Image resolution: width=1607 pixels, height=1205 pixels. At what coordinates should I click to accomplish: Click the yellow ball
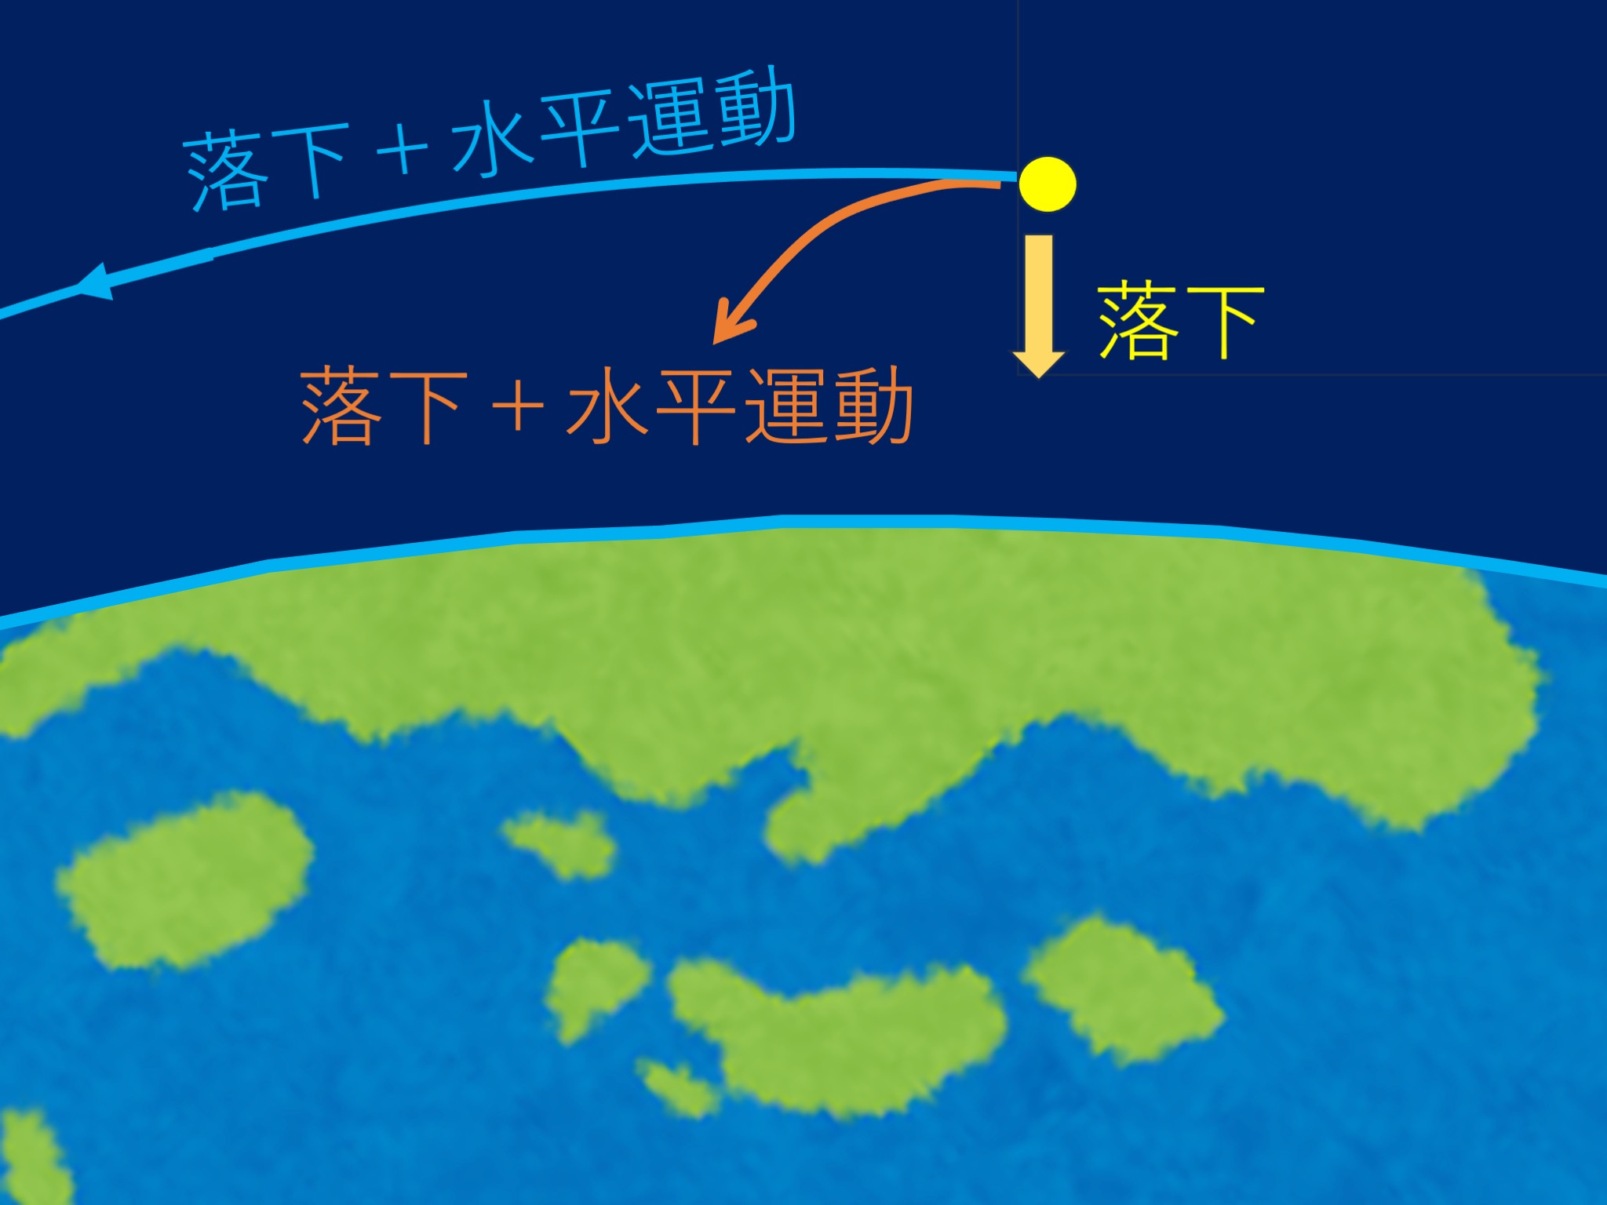tap(1048, 184)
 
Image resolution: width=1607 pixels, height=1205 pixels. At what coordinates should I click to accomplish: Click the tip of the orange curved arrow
tap(713, 343)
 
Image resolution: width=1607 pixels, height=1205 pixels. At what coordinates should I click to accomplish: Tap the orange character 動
tap(872, 406)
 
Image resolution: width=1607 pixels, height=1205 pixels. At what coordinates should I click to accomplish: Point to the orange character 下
tap(427, 407)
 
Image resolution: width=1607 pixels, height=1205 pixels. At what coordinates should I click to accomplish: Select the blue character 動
tap(755, 108)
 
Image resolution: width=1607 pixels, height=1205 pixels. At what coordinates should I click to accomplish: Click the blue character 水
tap(490, 140)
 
